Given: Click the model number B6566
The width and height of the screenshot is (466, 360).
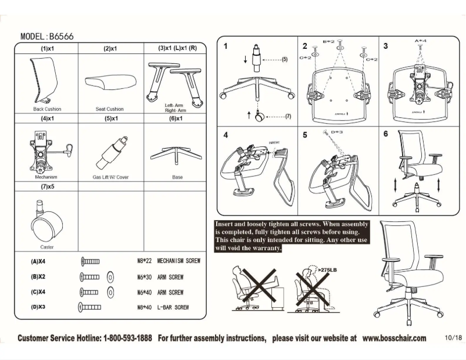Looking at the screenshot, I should pyautogui.click(x=60, y=36).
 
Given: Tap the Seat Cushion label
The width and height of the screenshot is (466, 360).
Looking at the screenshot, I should pyautogui.click(x=109, y=109).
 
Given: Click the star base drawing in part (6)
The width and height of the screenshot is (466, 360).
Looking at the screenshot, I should pyautogui.click(x=177, y=155).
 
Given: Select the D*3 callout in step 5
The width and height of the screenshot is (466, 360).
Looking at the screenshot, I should pyautogui.click(x=337, y=132).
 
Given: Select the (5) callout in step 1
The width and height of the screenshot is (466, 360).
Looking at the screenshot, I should pyautogui.click(x=285, y=60).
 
